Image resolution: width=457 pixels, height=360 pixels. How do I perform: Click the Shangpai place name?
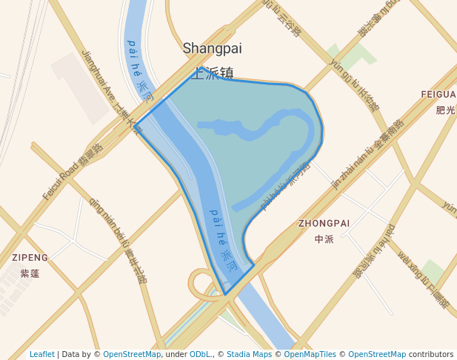(x=212, y=48)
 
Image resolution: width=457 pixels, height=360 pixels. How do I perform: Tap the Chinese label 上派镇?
(x=213, y=73)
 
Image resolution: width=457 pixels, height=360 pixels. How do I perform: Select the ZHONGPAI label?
(x=324, y=223)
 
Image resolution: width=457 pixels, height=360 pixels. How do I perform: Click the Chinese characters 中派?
(x=324, y=239)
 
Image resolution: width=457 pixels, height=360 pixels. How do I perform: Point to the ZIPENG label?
(x=30, y=258)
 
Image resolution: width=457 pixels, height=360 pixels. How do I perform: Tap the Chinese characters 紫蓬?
(x=30, y=273)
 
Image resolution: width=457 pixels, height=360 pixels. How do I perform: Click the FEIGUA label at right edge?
(x=438, y=95)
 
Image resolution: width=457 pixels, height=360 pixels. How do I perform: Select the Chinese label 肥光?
(x=445, y=110)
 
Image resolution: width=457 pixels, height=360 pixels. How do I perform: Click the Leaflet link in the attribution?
(x=42, y=354)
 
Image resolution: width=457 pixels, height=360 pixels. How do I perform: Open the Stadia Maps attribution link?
(x=249, y=354)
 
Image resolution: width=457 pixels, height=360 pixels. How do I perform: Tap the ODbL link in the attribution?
(x=201, y=354)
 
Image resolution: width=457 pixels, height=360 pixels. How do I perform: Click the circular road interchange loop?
(x=202, y=284)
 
